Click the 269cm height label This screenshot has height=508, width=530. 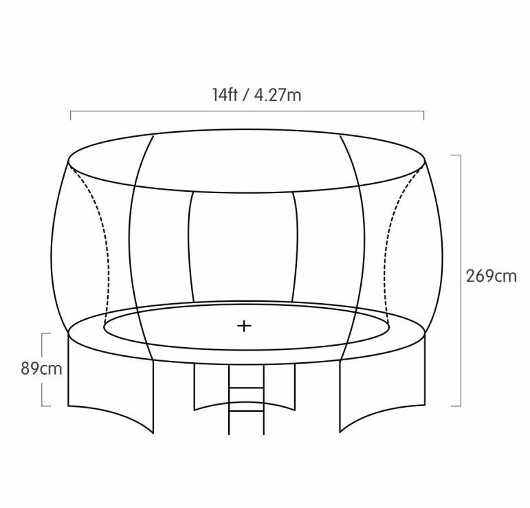[x=492, y=276]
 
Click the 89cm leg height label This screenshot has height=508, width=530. [x=41, y=368]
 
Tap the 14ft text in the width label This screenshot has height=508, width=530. [x=225, y=95]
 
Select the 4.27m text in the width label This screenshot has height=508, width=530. [x=278, y=95]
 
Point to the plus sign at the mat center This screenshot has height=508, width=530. [x=244, y=326]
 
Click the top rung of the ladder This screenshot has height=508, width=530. [x=246, y=388]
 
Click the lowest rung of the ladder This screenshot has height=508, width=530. [x=246, y=411]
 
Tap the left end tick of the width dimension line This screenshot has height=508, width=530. [x=71, y=115]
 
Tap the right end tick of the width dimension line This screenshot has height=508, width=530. [x=423, y=115]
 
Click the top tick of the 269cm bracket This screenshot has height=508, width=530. [x=456, y=155]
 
